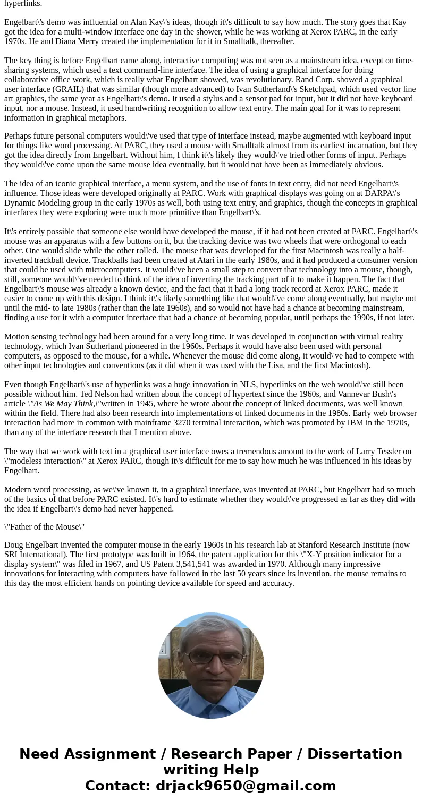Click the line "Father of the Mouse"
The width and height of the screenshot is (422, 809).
tap(45, 527)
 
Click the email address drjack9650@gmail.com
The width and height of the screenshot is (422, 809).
tap(246, 786)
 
